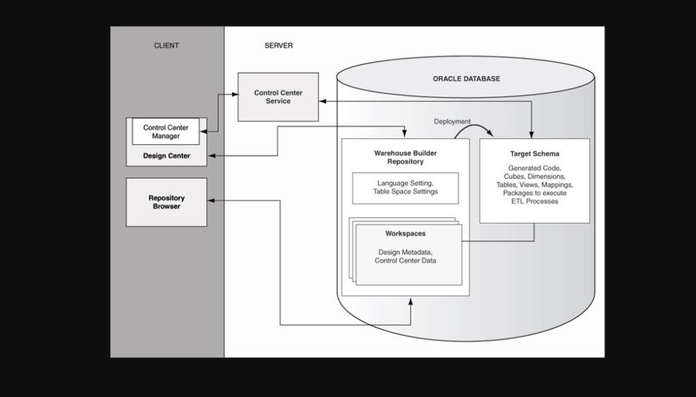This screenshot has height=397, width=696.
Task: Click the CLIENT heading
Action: point(166,46)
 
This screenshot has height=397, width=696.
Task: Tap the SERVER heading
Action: point(278,46)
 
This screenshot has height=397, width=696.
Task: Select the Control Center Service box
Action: point(278,96)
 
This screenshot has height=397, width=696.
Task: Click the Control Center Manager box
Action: point(166,132)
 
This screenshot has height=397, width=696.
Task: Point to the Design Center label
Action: point(166,155)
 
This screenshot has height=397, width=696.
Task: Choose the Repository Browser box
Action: point(166,202)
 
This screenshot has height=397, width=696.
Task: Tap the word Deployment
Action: point(452,120)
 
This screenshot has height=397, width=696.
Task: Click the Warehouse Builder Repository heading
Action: point(405,157)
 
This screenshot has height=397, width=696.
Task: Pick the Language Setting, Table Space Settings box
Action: point(405,187)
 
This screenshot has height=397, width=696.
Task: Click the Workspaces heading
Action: point(405,234)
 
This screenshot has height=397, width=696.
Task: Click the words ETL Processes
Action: point(534,201)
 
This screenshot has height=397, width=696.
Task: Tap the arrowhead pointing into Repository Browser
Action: point(212,201)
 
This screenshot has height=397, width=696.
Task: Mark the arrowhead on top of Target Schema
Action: point(534,134)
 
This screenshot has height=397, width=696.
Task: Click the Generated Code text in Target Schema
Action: point(534,169)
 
